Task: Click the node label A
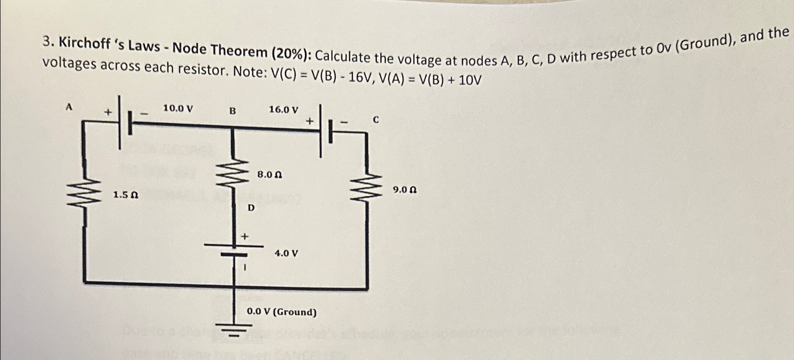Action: (69, 107)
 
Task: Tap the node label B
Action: (232, 111)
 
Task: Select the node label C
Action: (376, 120)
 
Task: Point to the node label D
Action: (251, 208)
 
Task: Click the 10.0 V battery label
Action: (178, 108)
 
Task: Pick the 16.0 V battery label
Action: (284, 110)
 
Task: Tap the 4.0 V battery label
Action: (287, 253)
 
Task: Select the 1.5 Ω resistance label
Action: (125, 195)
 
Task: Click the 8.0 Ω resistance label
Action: (270, 175)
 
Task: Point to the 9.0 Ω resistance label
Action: (405, 190)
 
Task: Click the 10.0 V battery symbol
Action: (124, 123)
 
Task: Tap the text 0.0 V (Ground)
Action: (282, 312)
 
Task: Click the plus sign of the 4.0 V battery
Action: (245, 236)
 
